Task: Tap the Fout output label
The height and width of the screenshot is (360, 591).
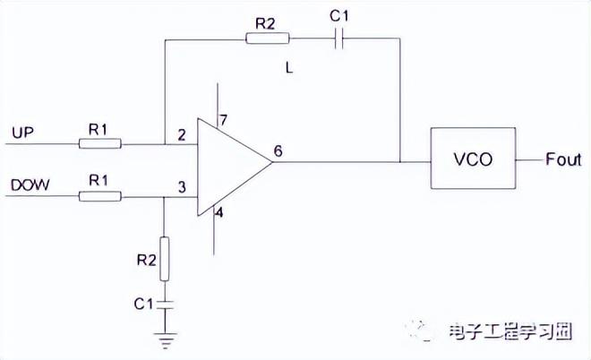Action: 563,159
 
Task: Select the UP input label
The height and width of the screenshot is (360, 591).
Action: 22,133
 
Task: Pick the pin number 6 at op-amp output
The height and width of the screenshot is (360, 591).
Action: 278,150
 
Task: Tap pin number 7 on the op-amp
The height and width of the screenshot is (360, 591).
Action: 225,119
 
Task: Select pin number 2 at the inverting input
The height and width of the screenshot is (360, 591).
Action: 182,135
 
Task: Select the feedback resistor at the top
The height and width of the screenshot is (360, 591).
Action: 266,39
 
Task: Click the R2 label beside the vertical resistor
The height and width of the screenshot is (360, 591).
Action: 146,261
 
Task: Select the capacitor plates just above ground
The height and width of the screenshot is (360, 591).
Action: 164,304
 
